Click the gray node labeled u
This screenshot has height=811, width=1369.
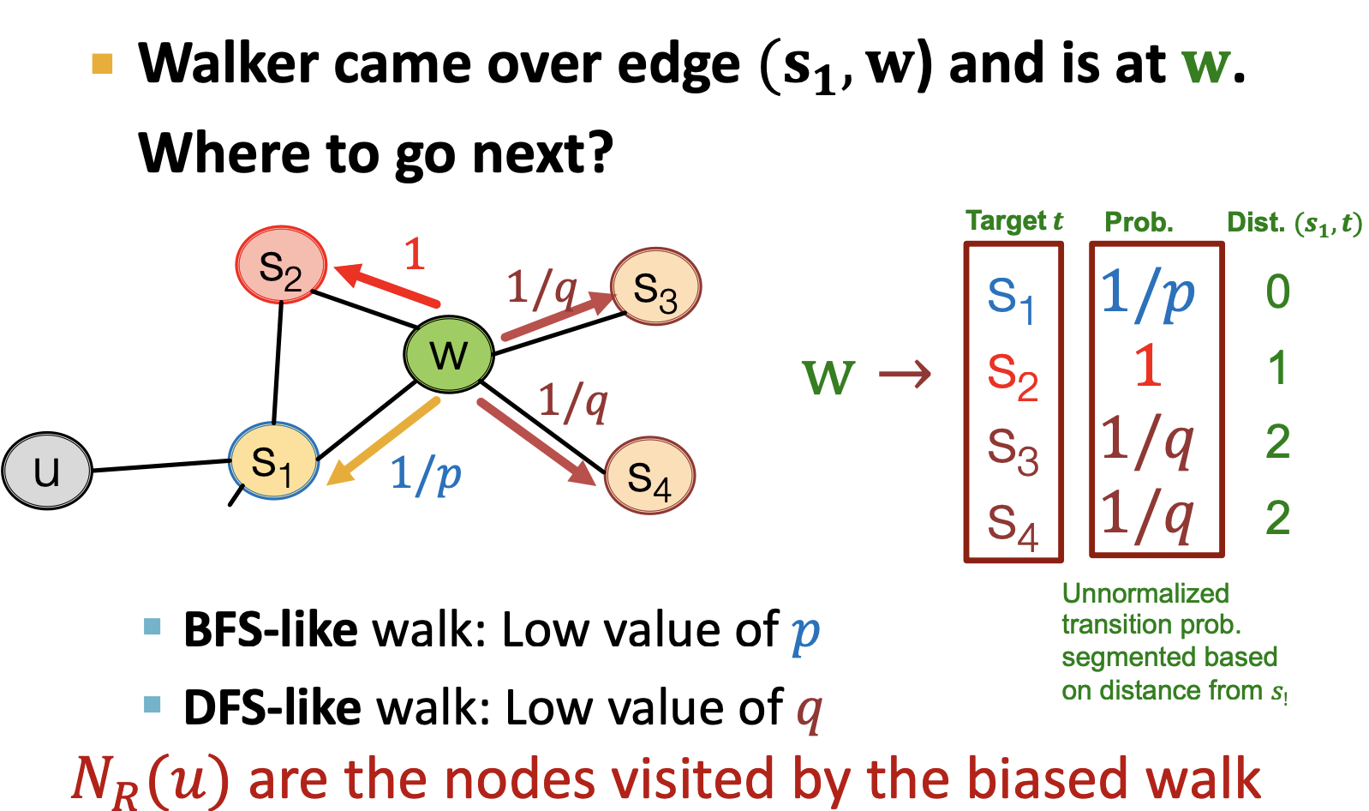tap(47, 471)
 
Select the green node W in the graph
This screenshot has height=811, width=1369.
tap(449, 354)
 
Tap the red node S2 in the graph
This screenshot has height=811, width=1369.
tap(281, 265)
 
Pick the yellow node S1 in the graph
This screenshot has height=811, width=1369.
tap(273, 461)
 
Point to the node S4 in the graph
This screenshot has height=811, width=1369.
tap(649, 476)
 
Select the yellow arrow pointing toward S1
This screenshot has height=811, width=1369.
tap(383, 442)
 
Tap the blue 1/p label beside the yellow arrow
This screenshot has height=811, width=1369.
tap(426, 474)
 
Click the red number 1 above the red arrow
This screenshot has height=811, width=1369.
tap(415, 254)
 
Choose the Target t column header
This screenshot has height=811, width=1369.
tap(1014, 221)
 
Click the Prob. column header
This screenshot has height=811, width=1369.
tap(1139, 223)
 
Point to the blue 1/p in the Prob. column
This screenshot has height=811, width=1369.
tap(1147, 294)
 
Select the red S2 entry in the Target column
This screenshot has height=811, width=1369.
tap(1012, 375)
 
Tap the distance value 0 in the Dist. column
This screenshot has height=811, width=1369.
tap(1277, 292)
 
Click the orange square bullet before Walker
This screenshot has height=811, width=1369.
tap(103, 64)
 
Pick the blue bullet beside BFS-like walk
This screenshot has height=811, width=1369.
tap(152, 627)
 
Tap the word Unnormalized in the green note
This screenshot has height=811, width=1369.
tap(1145, 593)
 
